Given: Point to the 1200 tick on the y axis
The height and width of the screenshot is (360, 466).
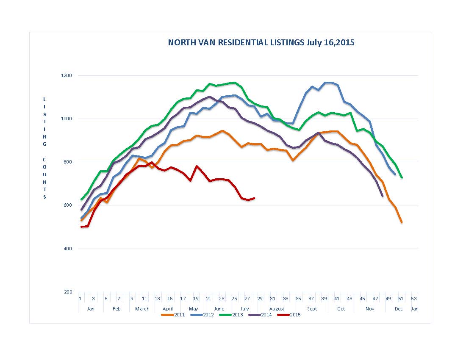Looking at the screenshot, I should click(68, 75).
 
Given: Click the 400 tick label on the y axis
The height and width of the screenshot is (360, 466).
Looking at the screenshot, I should click(68, 249).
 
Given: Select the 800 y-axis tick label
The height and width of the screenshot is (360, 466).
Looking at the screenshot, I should click(68, 162).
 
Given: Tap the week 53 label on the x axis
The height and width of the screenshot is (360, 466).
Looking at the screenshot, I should click(414, 298).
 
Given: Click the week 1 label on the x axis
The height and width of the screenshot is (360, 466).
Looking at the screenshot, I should click(80, 298).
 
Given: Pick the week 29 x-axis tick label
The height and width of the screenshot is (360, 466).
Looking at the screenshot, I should click(260, 298).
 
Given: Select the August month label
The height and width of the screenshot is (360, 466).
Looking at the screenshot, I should click(277, 309).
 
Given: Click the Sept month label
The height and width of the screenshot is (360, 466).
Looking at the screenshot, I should click(312, 309).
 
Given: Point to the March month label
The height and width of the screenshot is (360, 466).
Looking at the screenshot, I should click(142, 309).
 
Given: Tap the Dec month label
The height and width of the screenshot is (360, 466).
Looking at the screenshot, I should click(399, 309).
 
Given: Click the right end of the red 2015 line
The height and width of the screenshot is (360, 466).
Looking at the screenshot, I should click(254, 198).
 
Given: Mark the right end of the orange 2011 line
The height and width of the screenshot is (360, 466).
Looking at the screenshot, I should click(402, 222).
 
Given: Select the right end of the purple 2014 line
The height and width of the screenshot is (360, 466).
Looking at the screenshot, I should click(383, 196).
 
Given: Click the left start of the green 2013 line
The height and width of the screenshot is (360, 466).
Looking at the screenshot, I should click(81, 199).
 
